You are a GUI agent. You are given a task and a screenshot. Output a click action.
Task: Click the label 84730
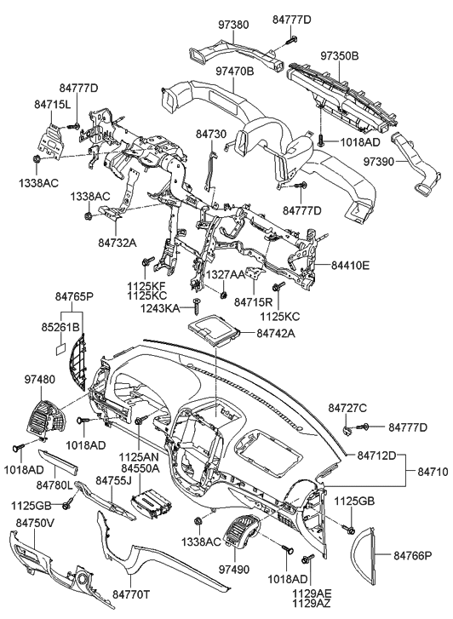pos(212,134)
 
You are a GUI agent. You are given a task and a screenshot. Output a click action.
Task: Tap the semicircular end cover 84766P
pos(370,557)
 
